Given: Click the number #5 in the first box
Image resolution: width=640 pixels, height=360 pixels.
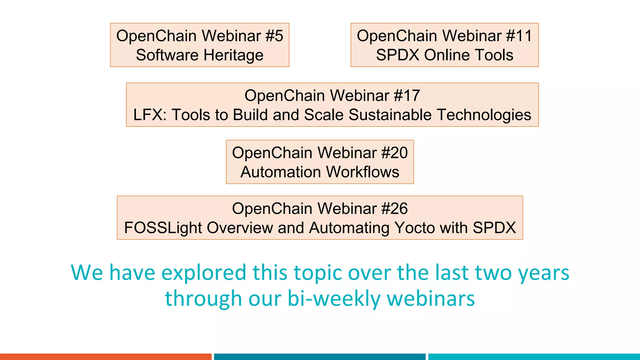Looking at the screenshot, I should pos(274,36).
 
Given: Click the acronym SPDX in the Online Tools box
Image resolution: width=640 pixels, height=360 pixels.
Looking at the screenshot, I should pos(397,55).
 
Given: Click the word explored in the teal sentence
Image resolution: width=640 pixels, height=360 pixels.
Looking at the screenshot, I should pos(204,273).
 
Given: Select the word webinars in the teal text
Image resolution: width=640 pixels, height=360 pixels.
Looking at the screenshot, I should pos(431,298).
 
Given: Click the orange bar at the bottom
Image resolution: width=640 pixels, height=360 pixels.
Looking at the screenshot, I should pos(106,357).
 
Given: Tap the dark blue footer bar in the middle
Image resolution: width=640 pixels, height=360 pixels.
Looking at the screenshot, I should pos(320,357).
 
